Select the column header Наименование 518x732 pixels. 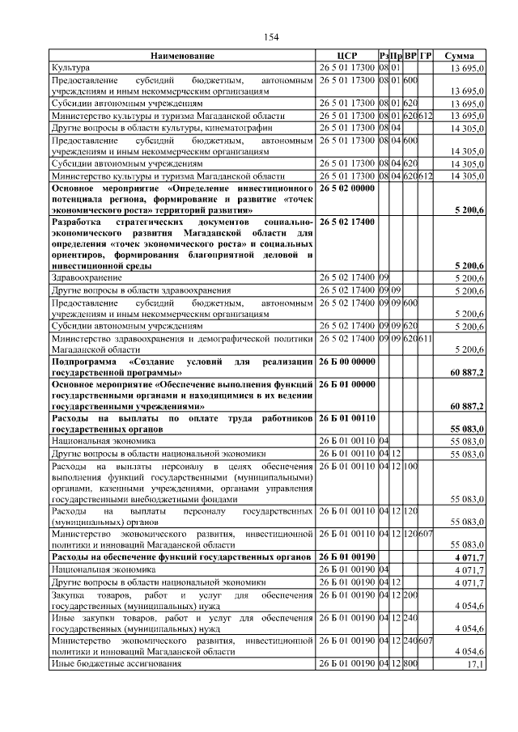coord(182,56)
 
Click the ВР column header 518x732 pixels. coord(410,56)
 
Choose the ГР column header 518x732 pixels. coord(426,56)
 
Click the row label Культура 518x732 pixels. coord(71,68)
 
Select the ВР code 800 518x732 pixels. coord(410,664)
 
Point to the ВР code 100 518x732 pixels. coord(410,467)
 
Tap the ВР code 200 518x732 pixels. coord(410,595)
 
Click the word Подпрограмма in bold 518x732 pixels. coord(84,361)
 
